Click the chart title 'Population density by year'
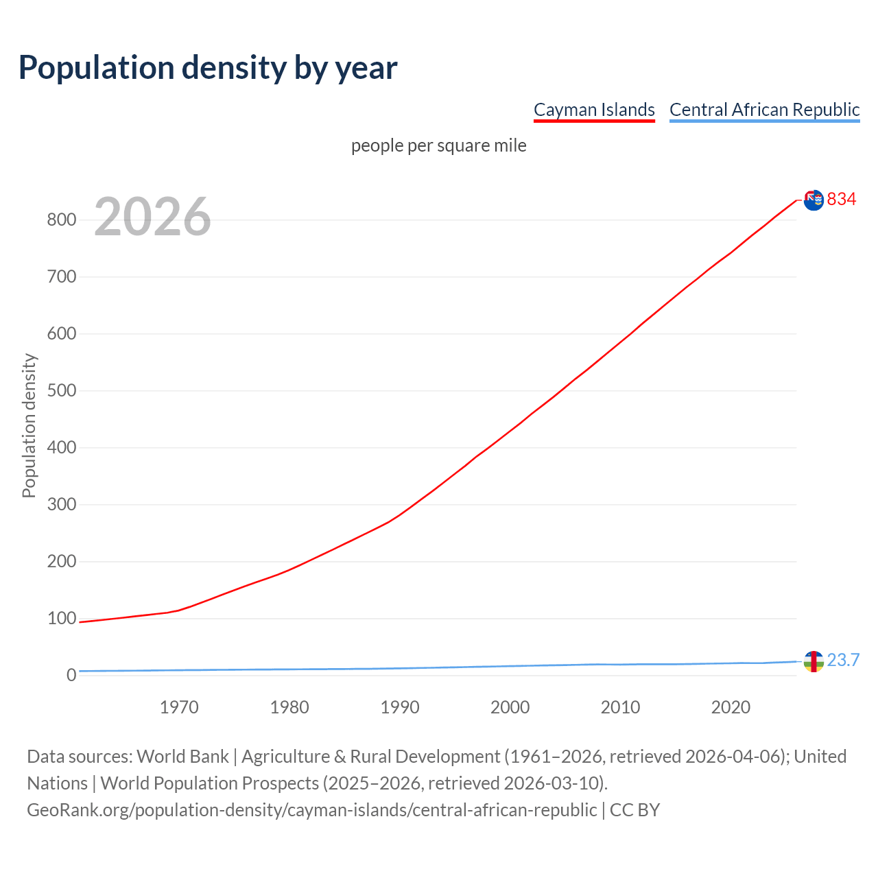pos(208,68)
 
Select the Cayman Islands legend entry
pos(594,110)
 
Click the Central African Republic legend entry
pos(764,110)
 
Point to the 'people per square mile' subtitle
pos(438,146)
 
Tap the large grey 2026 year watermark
pos(152,217)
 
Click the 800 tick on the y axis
pos(61,220)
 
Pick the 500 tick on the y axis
pos(61,391)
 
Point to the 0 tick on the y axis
pos(71,676)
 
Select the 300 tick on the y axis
pos(61,505)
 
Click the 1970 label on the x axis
pos(179,707)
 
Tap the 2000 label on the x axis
pos(510,707)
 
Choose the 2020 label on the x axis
pos(731,707)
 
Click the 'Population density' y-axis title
pos(29,425)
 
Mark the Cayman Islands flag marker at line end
pos(814,200)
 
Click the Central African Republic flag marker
pos(814,661)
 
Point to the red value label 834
pos(842,200)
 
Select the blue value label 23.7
pos(843,661)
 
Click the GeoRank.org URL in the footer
pos(312,810)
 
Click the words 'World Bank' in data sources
pos(182,757)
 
